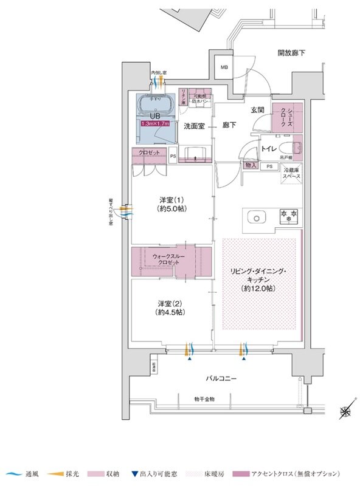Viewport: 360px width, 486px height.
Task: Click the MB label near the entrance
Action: [x=224, y=67]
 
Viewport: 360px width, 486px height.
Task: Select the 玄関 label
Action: [x=257, y=110]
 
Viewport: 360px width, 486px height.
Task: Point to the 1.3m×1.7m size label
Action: [x=154, y=123]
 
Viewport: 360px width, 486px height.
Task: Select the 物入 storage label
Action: [x=251, y=165]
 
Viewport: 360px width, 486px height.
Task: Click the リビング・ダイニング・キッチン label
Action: [x=262, y=279]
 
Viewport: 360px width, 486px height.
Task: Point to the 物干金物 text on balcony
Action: [x=204, y=399]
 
